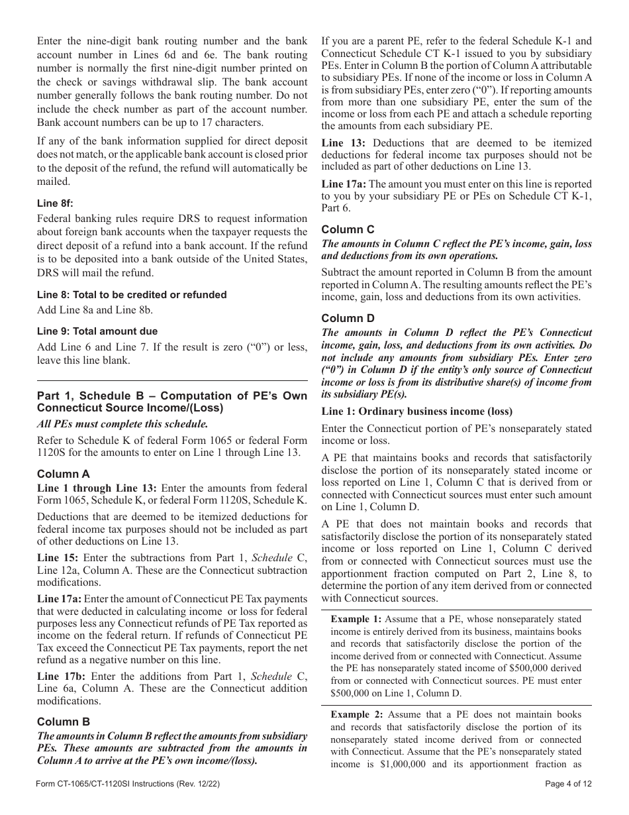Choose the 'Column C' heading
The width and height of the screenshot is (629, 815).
(x=348, y=229)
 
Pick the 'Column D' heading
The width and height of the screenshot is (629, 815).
(x=348, y=318)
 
